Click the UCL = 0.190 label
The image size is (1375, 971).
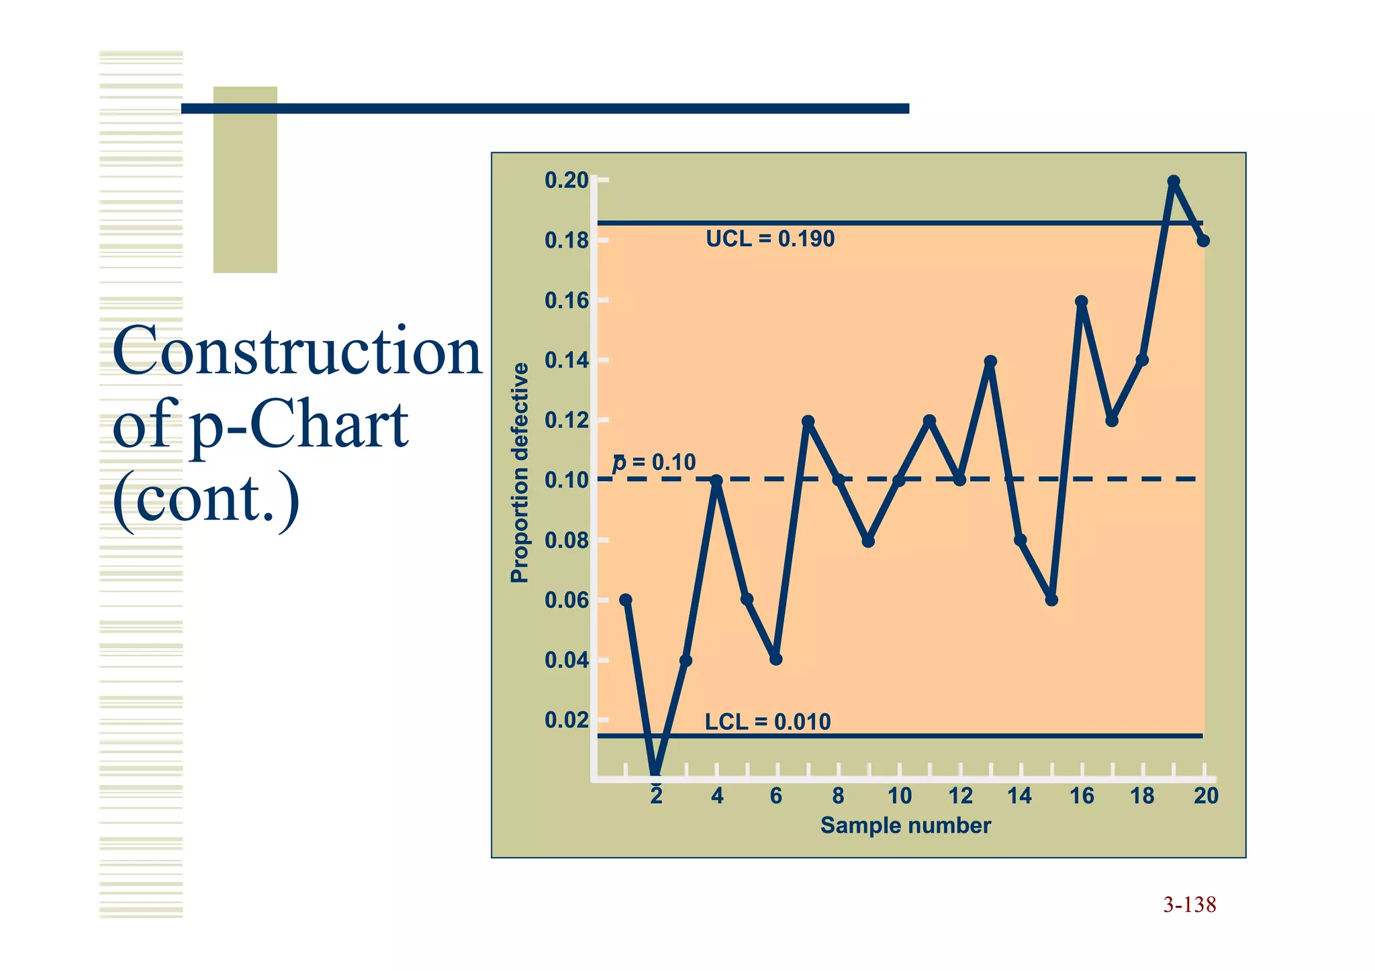point(769,239)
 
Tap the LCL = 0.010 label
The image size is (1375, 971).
point(767,722)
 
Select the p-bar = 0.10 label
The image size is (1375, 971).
point(654,462)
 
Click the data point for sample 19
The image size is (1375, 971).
point(1174,181)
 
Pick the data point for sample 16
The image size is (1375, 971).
point(1082,301)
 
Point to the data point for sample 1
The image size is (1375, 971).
point(626,599)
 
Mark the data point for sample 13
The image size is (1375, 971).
point(990,361)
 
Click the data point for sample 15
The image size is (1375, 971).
point(1051,599)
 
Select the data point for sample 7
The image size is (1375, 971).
point(808,421)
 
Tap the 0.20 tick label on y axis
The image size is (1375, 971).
point(566,181)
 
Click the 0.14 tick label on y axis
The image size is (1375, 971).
point(566,360)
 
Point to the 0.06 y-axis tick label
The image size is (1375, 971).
point(566,600)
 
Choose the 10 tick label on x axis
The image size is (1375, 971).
point(900,796)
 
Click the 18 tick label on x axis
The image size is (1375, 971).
point(1142,796)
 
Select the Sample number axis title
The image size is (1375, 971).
point(905,825)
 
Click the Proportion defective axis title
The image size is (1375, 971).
point(519,472)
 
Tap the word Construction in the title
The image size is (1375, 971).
point(297,351)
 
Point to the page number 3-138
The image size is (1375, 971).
point(1189,905)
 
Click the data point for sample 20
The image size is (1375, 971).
point(1203,240)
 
